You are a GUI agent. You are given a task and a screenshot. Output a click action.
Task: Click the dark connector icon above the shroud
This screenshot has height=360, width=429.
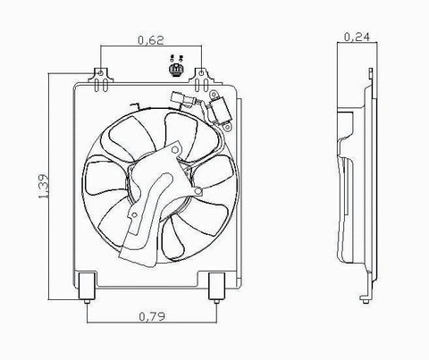pyautogui.click(x=177, y=67)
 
